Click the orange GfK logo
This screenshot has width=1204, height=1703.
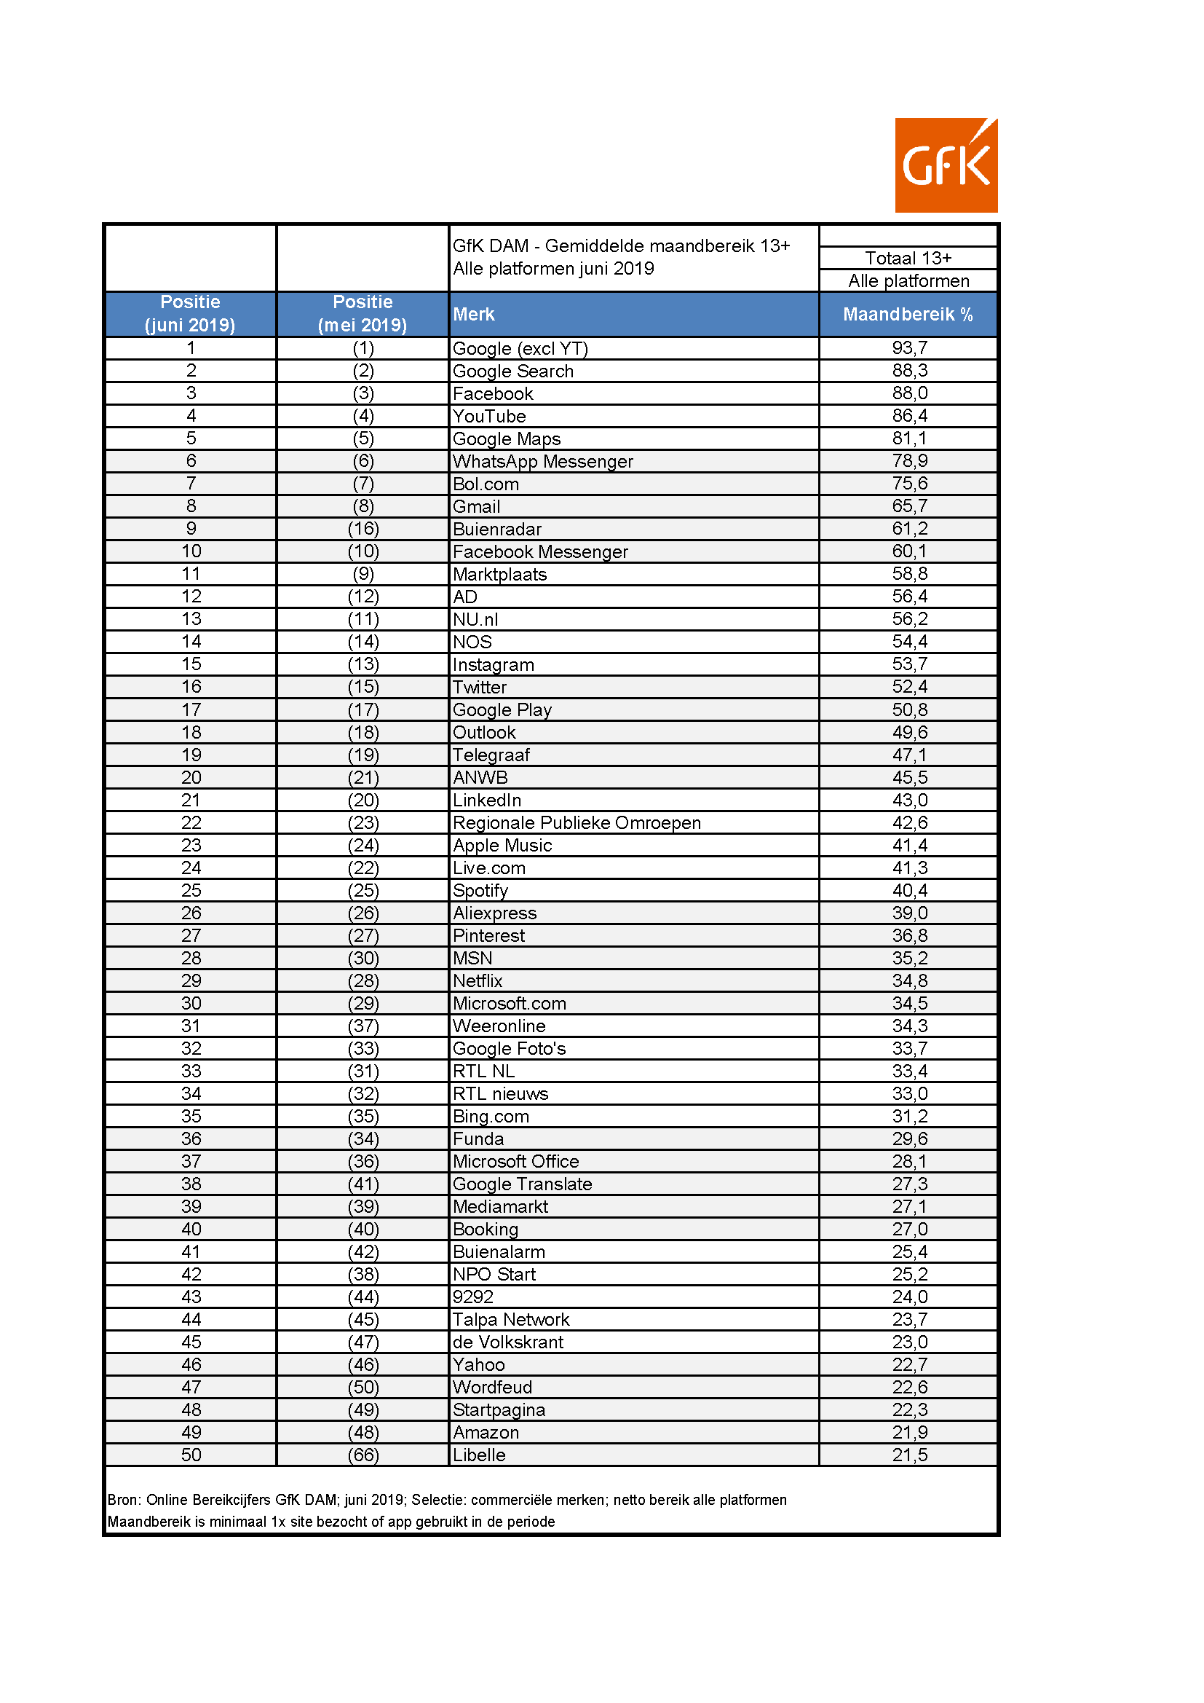[946, 165]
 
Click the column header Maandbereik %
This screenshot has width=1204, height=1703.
[908, 314]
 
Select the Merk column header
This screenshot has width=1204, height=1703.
[474, 314]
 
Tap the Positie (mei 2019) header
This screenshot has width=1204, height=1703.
[363, 313]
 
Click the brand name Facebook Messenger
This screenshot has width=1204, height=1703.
[539, 551]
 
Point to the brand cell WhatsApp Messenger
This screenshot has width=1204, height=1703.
[543, 460]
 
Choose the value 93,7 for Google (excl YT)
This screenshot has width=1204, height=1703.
[909, 347]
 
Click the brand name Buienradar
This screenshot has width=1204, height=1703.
[496, 529]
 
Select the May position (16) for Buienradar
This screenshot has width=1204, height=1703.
[363, 528]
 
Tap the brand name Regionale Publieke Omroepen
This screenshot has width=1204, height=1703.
[576, 822]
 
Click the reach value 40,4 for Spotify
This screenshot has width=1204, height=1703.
[909, 890]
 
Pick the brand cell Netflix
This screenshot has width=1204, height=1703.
[478, 980]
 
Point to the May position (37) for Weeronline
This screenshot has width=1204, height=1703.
[363, 1026]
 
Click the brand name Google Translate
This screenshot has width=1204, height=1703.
[522, 1184]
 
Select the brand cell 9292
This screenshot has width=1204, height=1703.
[473, 1297]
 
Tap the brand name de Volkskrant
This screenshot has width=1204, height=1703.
[508, 1342]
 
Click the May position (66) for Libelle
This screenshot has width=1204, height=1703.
[363, 1455]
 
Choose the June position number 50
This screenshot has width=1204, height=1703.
[191, 1455]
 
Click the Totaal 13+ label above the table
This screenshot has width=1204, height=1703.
[908, 257]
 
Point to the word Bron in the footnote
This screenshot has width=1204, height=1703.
[122, 1500]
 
